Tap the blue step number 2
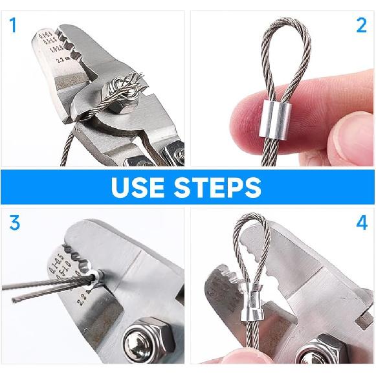(x=361, y=26)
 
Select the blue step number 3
(x=14, y=224)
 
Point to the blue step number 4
(x=361, y=224)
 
